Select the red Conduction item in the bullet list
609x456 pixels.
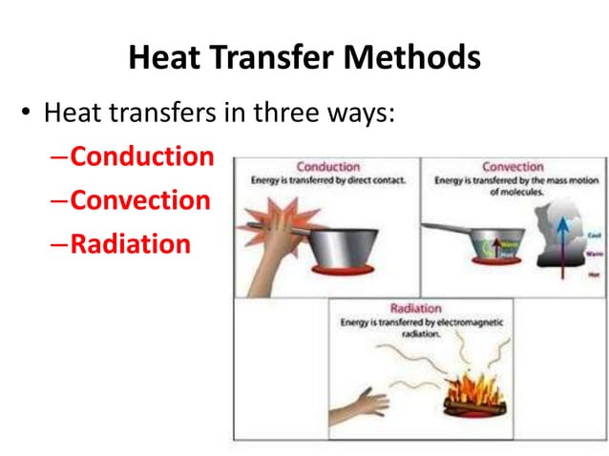click(142, 156)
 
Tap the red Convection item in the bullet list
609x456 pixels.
click(139, 200)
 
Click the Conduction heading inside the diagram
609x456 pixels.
click(327, 167)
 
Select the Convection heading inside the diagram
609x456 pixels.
click(513, 167)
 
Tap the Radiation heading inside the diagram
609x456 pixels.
click(416, 309)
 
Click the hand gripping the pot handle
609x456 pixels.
click(277, 238)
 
